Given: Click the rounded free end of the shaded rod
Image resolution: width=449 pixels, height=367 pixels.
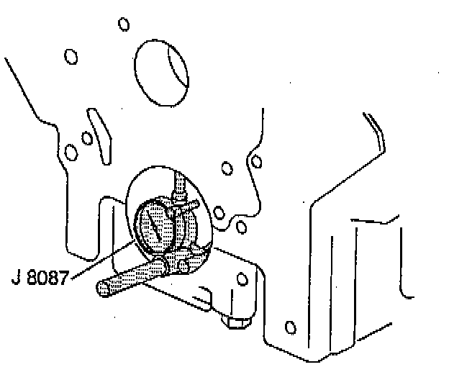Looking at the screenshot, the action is [104, 289].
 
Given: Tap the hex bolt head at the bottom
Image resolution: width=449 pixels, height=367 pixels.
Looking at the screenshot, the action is [235, 323].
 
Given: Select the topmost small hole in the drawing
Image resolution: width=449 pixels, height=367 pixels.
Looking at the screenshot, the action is [123, 24].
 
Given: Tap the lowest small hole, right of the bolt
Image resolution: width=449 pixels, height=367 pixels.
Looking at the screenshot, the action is [290, 329].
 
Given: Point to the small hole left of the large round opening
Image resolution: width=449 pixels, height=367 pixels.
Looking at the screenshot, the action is [71, 55].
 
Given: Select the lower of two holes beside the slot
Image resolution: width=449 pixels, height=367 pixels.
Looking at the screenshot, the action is [71, 152].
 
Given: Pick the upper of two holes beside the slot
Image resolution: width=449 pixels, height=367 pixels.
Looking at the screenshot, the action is [86, 137].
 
